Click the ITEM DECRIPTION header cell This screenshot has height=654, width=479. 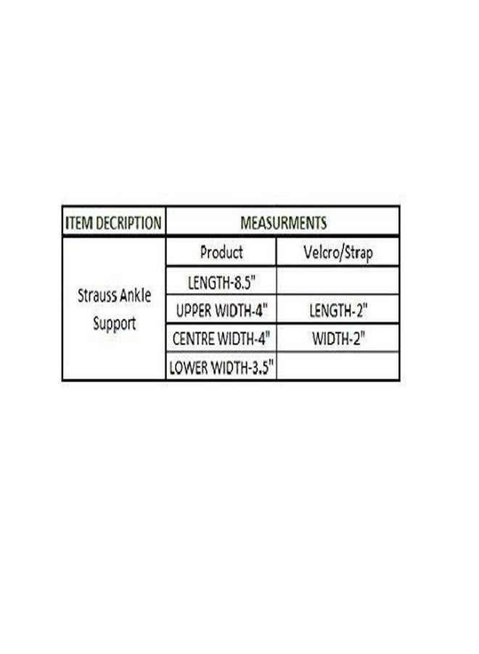tap(114, 222)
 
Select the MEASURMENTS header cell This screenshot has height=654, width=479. tap(283, 222)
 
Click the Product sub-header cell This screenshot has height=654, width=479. tap(221, 252)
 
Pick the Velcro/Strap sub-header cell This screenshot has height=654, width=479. tap(337, 252)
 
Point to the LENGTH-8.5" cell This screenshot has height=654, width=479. tap(221, 281)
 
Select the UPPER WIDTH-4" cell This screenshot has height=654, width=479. tap(221, 310)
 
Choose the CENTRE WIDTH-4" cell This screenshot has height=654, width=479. tap(221, 338)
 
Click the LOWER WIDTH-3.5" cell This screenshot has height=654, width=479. tap(221, 367)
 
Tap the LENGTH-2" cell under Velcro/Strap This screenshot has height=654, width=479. tap(337, 310)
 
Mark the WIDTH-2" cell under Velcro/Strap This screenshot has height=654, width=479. tap(337, 338)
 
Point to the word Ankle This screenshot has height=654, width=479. tap(136, 295)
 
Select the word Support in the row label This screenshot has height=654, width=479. tap(115, 324)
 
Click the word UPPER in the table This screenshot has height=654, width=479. tap(193, 311)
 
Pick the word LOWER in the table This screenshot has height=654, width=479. tap(188, 368)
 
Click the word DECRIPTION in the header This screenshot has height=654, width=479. tap(128, 223)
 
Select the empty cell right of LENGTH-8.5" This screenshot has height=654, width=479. tap(337, 280)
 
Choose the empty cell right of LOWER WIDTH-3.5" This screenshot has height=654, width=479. tap(337, 366)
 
